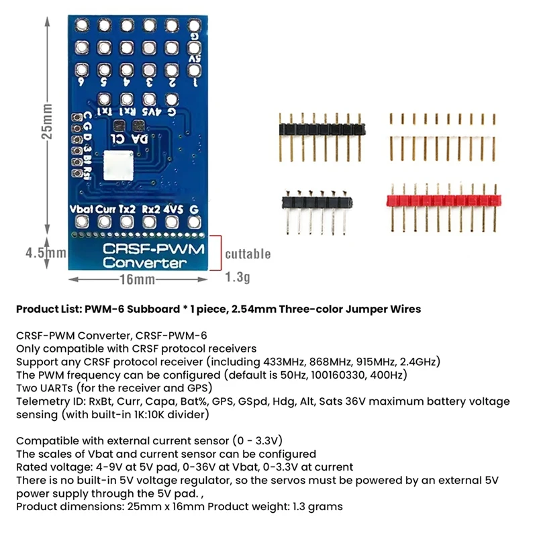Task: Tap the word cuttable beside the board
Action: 248,254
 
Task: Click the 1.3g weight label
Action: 238,276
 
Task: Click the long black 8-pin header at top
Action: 323,128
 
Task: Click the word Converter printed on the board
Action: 145,262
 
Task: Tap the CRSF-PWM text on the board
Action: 153,248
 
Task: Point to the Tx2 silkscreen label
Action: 128,209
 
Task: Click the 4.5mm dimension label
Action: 45,254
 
